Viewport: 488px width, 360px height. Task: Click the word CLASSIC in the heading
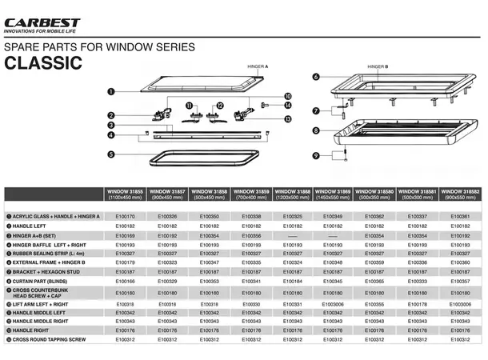coord(44,63)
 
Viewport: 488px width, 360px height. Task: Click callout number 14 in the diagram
coord(288,106)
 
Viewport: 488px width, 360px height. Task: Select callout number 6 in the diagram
coord(316,77)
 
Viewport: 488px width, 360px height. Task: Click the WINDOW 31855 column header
coord(126,195)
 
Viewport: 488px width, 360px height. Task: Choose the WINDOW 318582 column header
coord(461,195)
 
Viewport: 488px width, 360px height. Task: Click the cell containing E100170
coord(126,216)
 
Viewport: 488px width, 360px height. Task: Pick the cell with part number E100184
coord(293,281)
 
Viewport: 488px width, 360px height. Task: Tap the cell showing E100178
coord(418,304)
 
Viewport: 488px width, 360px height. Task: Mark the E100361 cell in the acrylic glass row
coord(461,216)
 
